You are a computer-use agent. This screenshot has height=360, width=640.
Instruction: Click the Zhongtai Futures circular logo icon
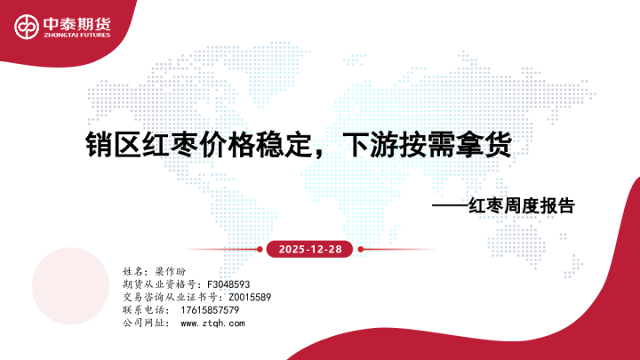pyautogui.click(x=25, y=28)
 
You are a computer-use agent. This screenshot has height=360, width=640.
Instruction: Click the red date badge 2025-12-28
pyautogui.click(x=305, y=250)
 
